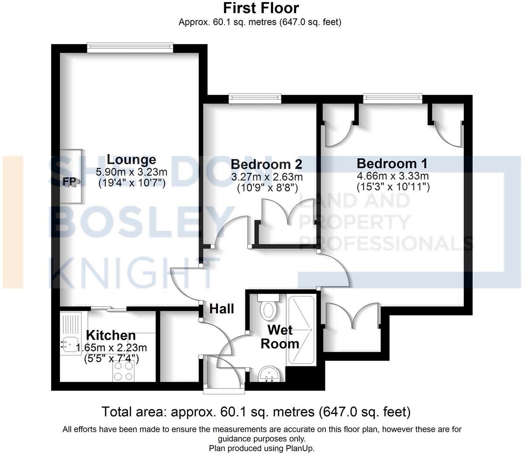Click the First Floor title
261,8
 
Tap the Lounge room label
131,160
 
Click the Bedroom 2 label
266,165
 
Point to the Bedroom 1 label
392,164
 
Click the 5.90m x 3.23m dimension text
131,172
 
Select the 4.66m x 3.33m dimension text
393,176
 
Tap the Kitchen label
111,335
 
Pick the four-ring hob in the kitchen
123,371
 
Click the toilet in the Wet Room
268,308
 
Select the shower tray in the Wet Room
301,330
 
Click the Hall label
221,309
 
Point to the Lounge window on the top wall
130,47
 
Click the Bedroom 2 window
255,99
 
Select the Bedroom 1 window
392,99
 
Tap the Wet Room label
280,336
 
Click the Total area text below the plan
256,411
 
